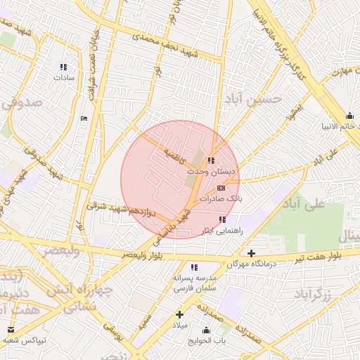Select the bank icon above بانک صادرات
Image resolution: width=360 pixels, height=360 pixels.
tap(221, 188)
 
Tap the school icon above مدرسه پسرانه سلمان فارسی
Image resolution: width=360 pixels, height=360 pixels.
tap(194, 267)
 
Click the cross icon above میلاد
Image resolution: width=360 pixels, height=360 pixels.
tap(180, 314)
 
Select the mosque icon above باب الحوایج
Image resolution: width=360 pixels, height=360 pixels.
tap(207, 330)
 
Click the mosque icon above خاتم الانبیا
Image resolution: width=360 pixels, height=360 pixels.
tap(349, 116)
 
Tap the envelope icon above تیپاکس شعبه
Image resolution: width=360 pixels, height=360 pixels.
tap(11, 329)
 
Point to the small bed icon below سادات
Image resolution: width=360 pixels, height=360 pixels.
tap(84, 118)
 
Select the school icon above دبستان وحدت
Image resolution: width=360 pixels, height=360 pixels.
tap(211, 161)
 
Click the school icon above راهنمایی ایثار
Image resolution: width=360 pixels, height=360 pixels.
tap(222, 220)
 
